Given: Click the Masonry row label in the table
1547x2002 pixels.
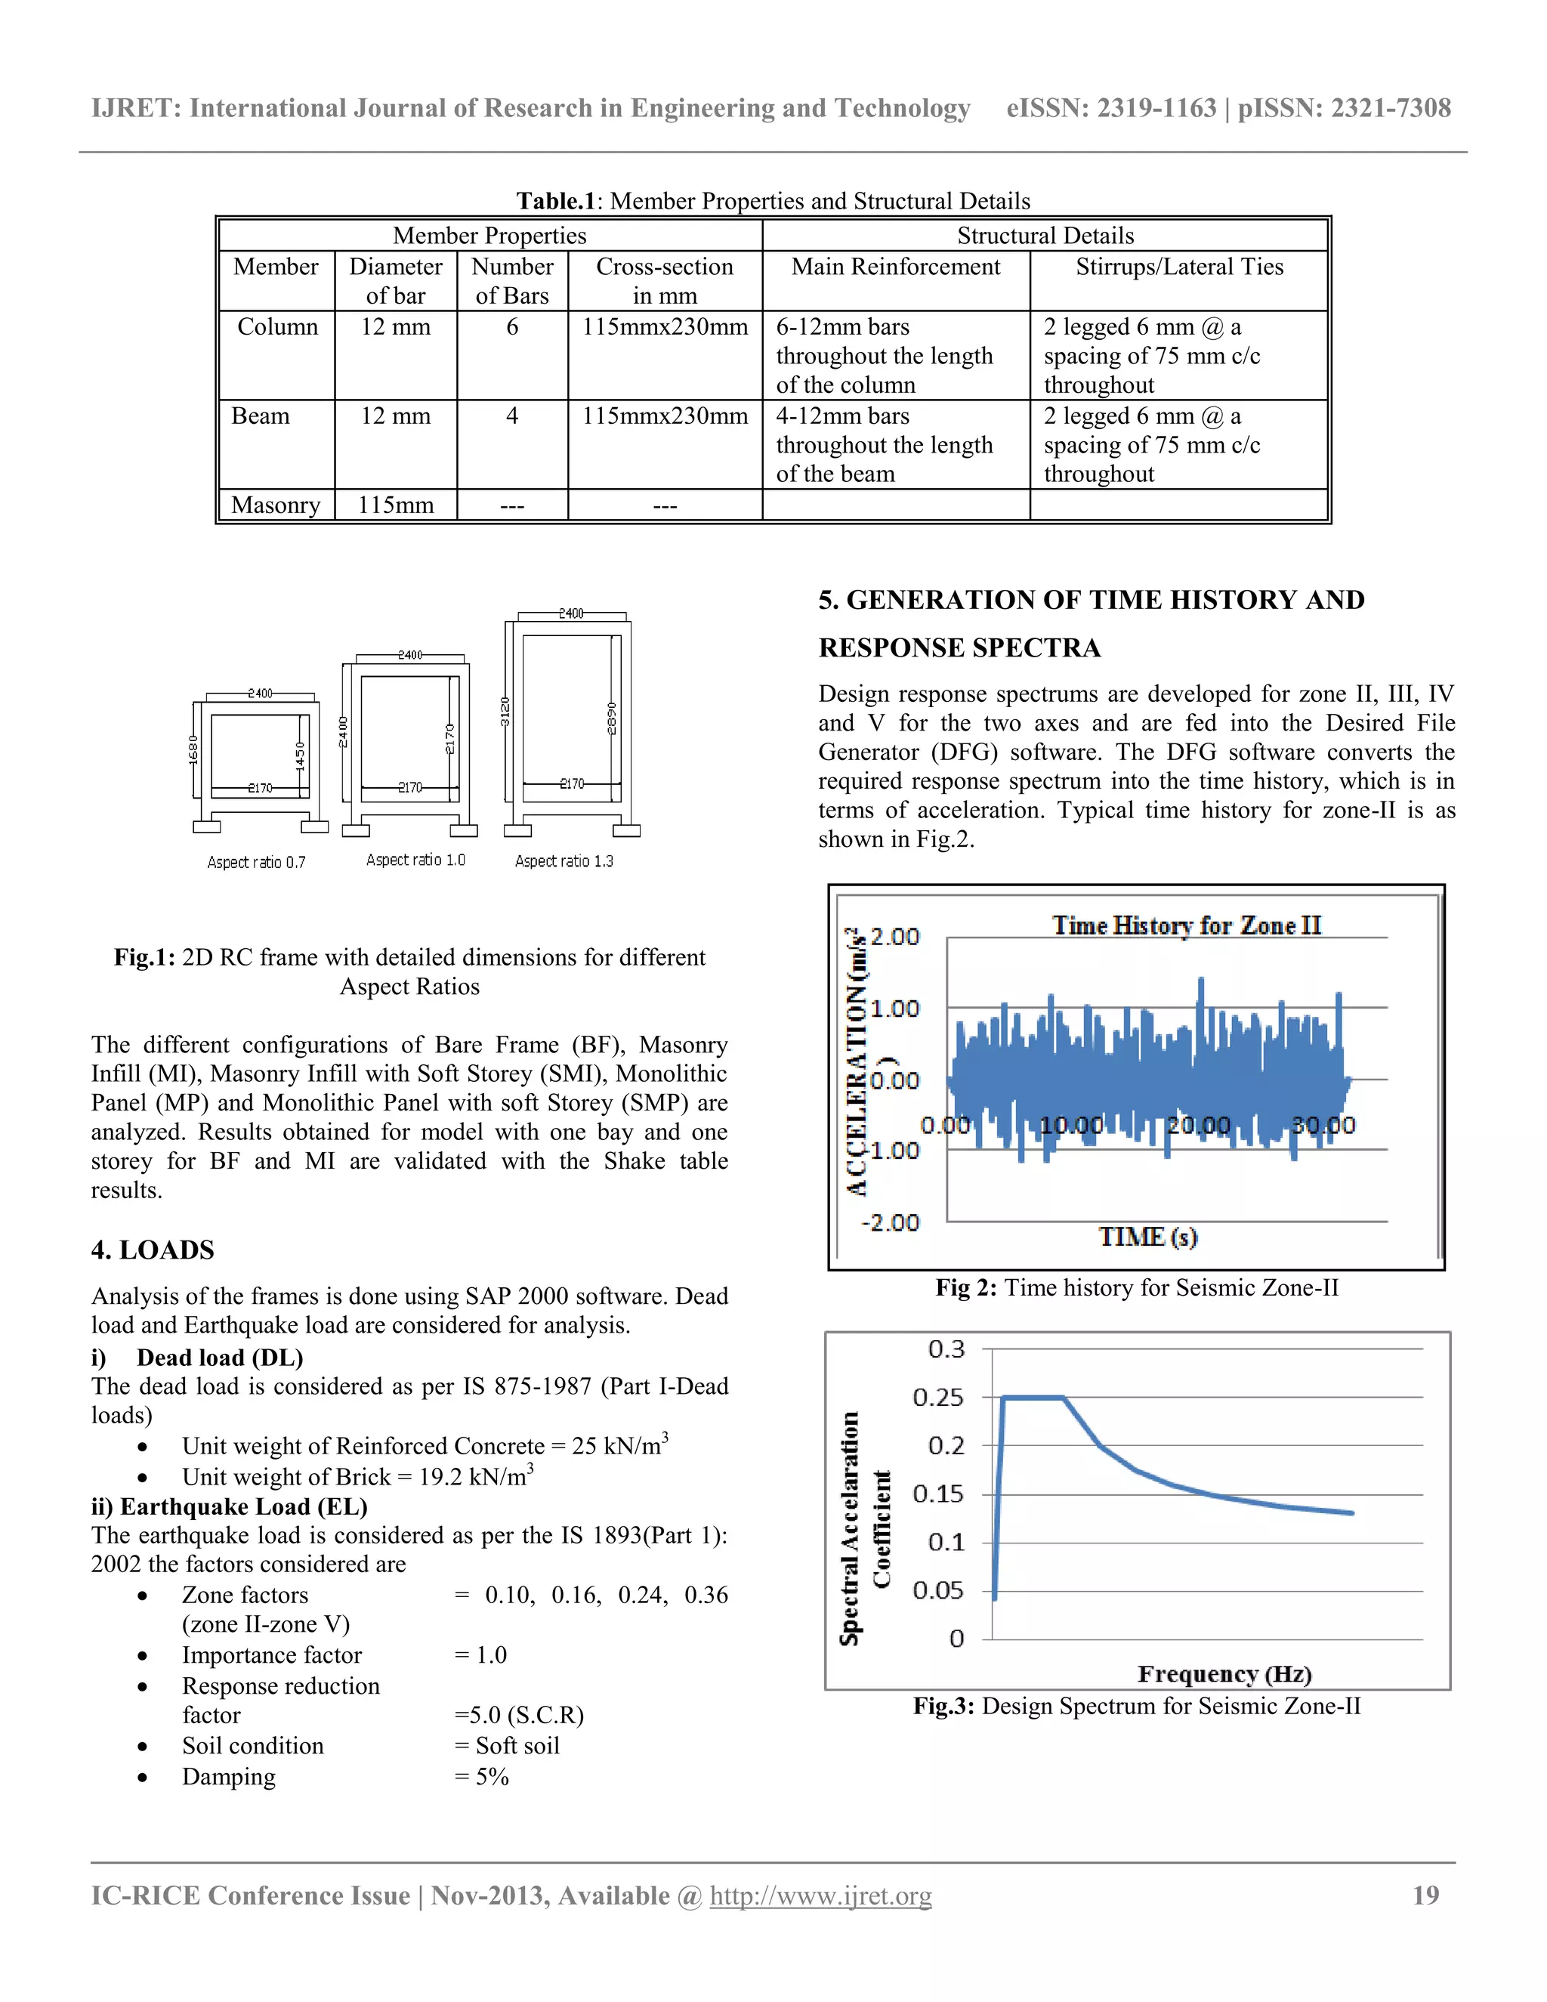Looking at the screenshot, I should tap(275, 505).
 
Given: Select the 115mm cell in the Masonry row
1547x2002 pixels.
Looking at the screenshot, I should tap(395, 505).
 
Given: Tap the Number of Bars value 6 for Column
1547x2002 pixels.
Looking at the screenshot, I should tap(511, 327).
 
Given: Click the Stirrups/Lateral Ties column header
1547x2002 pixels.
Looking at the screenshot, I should tap(1178, 267).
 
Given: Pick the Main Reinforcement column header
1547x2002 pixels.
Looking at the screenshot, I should tap(895, 267).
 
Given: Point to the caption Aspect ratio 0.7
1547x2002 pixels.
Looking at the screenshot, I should tap(256, 863).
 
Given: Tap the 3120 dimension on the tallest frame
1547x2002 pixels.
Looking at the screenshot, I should tap(505, 712).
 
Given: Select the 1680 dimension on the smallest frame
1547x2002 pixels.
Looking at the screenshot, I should tap(193, 749).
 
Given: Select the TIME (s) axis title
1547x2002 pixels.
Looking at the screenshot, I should tap(1147, 1237).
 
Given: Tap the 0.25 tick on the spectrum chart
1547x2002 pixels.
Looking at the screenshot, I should tap(937, 1398).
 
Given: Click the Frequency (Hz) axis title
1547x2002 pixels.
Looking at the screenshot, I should tap(1224, 1674).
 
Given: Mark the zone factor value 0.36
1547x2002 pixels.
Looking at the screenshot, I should tap(706, 1595).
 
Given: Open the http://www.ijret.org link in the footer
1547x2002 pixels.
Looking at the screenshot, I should tap(820, 1895).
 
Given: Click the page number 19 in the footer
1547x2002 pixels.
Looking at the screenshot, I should tap(1425, 1895).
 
